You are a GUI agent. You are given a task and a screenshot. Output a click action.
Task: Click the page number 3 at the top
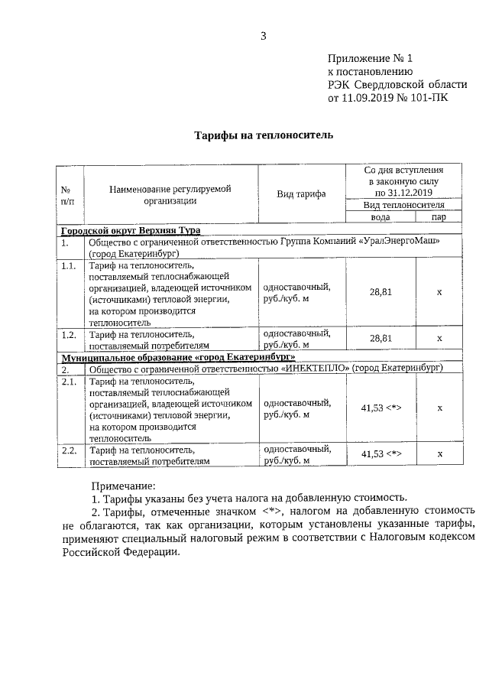263,35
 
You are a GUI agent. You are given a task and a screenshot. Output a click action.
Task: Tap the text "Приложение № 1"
370,58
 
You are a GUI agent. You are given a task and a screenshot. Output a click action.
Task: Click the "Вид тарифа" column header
300,194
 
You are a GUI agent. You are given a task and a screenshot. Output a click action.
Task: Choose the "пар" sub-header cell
439,217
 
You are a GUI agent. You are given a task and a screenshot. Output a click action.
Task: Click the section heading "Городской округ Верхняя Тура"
131,230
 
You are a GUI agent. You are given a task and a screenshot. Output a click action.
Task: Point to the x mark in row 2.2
439,454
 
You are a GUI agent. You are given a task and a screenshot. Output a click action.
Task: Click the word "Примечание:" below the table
123,486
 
